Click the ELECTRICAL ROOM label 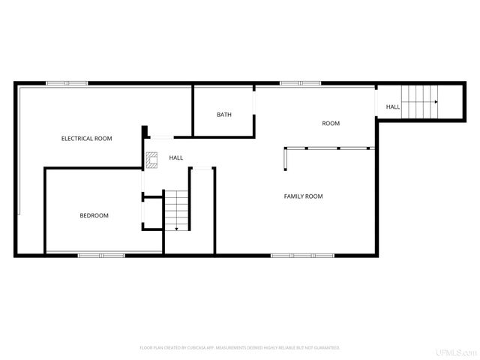point(87,139)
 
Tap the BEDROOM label point(94,216)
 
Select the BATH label point(224,115)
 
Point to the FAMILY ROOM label point(303,196)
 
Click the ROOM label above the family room point(331,123)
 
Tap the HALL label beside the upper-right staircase point(393,107)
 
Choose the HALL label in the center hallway point(176,157)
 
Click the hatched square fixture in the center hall point(152,159)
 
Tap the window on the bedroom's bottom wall point(101,256)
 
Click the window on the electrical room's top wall point(67,82)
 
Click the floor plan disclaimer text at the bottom point(240,348)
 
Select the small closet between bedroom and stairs point(153,213)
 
